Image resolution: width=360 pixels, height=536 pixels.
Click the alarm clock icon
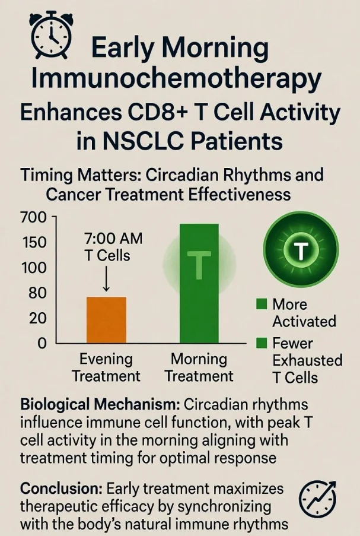(50, 34)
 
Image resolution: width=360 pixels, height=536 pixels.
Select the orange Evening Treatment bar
(106, 320)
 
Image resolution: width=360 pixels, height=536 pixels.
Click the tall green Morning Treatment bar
(199, 283)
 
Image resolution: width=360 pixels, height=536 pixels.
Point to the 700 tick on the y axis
(33, 217)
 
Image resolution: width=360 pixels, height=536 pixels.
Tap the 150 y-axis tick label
(33, 242)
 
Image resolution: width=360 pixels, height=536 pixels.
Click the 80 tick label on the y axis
(37, 293)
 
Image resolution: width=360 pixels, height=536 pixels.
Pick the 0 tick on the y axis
(42, 343)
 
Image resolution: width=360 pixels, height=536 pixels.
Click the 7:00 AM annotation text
(113, 239)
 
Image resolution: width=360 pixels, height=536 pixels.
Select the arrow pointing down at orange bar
(106, 278)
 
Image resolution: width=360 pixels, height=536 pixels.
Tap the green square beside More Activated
(262, 305)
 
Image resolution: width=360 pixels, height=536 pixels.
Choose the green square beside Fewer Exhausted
(262, 343)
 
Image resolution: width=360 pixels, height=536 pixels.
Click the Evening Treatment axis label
(106, 368)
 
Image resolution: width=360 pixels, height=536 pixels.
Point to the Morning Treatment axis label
(199, 368)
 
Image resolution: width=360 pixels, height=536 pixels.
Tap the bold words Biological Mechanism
(100, 405)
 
